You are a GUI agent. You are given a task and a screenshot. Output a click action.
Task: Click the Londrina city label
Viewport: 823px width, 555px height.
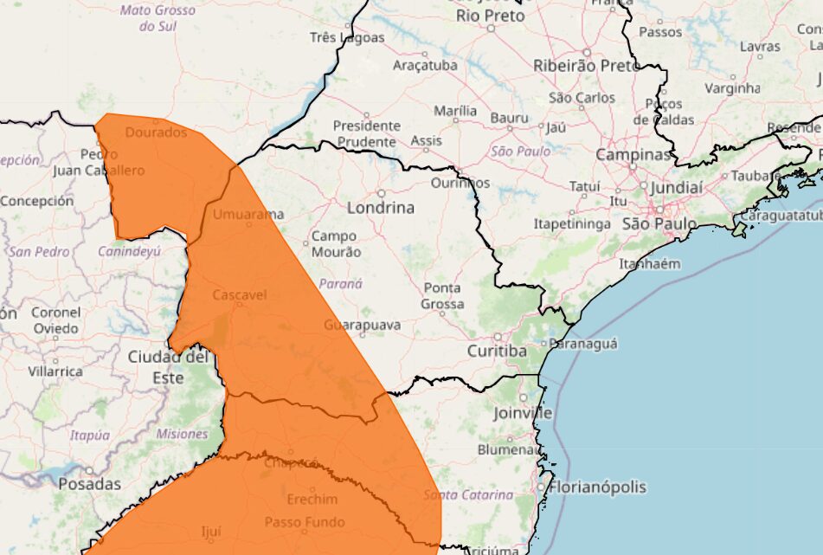pos(380,208)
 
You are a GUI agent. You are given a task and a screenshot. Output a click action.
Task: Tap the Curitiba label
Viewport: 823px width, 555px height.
pos(497,351)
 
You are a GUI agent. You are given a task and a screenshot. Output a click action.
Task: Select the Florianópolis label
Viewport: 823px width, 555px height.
pos(597,487)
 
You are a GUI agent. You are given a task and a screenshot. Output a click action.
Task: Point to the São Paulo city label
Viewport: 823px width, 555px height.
pos(659,223)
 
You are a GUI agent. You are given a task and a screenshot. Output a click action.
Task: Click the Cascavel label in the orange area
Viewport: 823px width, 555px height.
pos(239,295)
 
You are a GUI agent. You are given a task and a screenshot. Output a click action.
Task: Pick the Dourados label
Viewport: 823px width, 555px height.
pos(156,132)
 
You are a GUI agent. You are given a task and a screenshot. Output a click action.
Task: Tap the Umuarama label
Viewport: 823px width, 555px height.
pos(248,214)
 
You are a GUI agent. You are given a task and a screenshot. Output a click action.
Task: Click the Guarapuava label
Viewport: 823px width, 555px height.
pos(363,325)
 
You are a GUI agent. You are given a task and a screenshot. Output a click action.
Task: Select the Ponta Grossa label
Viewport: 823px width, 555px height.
pos(443,296)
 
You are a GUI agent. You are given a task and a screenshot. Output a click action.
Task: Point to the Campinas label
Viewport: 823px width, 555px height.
pos(633,155)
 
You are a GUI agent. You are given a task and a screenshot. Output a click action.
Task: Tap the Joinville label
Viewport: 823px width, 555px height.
pos(523,413)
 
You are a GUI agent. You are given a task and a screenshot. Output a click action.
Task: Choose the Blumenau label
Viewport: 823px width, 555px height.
pos(509,450)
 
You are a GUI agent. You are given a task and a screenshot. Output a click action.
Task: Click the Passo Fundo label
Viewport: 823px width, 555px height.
pos(304,522)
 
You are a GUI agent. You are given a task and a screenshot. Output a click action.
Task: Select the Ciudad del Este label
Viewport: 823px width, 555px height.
pos(168,367)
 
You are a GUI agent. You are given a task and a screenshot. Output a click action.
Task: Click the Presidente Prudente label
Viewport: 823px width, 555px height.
pos(366,133)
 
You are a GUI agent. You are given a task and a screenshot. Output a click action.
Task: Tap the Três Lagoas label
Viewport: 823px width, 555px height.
pos(347,38)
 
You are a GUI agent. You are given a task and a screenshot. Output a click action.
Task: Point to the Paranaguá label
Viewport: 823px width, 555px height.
pos(584,344)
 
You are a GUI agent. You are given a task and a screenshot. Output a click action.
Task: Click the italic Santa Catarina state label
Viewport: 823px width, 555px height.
pos(468,495)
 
